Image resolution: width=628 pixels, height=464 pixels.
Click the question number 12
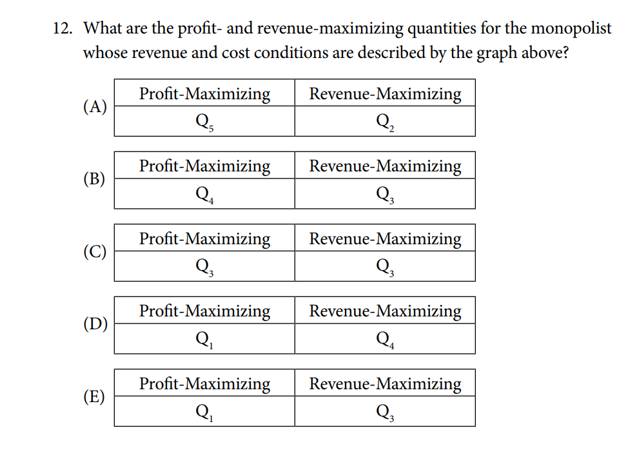63,28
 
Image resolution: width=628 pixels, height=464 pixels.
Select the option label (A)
95,106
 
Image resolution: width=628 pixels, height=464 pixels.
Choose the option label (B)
94,179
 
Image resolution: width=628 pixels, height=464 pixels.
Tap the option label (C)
95,251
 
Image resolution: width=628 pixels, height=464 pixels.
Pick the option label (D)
95,324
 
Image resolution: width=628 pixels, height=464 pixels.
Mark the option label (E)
94,396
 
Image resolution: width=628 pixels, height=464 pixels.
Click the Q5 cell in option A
204,121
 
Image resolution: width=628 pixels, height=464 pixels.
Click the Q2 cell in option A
385,121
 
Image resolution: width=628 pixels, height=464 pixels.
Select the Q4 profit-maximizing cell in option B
204,194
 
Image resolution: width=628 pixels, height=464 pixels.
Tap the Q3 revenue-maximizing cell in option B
385,194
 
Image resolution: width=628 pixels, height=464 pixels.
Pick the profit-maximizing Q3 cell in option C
204,266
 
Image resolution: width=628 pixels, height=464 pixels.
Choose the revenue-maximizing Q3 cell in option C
385,266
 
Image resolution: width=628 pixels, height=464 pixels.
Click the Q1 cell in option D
204,339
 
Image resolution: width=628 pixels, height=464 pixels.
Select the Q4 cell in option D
385,339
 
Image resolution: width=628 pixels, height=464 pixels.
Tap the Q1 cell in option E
204,411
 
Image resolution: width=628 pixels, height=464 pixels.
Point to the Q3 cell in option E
385,411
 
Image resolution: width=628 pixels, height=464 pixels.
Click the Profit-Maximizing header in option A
204,94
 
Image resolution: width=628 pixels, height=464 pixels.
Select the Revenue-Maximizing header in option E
385,384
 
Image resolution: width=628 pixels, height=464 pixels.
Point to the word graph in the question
497,53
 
